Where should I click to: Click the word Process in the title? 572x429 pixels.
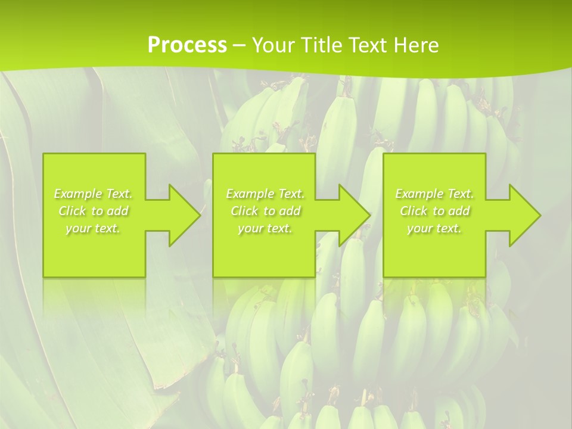pyautogui.click(x=187, y=45)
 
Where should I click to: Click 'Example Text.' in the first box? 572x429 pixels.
pyautogui.click(x=94, y=194)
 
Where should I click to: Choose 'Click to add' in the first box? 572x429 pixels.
pyautogui.click(x=94, y=211)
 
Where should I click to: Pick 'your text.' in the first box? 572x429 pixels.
pyautogui.click(x=94, y=228)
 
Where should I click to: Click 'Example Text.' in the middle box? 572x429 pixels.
pyautogui.click(x=265, y=194)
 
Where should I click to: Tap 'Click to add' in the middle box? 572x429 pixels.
pyautogui.click(x=265, y=211)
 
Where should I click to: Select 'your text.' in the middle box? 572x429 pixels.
pyautogui.click(x=265, y=228)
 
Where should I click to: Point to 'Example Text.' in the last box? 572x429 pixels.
pyautogui.click(x=434, y=194)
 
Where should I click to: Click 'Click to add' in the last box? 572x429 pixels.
pyautogui.click(x=434, y=211)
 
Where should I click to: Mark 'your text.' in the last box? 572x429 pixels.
pyautogui.click(x=434, y=228)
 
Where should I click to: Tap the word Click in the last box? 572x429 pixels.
pyautogui.click(x=414, y=211)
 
